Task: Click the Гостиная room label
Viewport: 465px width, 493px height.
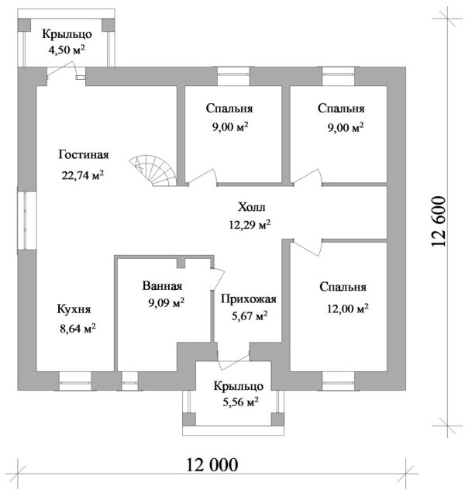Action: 84,155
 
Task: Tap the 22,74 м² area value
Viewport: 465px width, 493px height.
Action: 83,174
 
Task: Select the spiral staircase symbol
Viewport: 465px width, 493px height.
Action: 153,170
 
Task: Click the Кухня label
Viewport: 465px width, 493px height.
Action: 74,309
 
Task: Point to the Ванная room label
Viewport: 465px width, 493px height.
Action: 162,286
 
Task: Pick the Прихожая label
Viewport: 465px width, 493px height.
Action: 249,298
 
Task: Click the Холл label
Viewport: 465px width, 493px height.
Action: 252,207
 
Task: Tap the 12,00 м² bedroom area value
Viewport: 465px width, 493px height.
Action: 348,309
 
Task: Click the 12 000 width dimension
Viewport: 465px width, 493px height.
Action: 212,464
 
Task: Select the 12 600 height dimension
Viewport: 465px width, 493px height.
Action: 439,222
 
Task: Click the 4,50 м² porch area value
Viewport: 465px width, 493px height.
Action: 67,50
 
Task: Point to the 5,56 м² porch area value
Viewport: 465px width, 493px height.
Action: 241,402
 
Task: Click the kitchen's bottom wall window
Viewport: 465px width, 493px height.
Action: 75,381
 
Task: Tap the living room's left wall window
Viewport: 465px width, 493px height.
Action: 26,220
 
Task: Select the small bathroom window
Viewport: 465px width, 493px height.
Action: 130,381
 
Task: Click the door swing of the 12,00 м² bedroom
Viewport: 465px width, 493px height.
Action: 307,246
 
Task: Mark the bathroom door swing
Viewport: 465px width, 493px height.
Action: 218,278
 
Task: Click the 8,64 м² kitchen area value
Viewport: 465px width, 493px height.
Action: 78,329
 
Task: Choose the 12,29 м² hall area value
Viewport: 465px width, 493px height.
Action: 250,225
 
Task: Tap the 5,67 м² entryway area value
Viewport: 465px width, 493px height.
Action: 250,316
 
